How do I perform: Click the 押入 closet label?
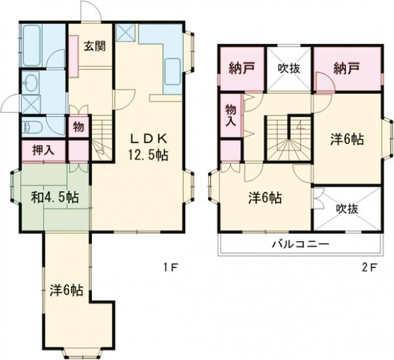(x=43, y=149)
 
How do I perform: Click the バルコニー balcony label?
(x=301, y=244)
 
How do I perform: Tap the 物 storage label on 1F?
(x=77, y=125)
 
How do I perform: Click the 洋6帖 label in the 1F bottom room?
(x=66, y=290)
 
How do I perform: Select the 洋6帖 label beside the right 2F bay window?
(x=347, y=139)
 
